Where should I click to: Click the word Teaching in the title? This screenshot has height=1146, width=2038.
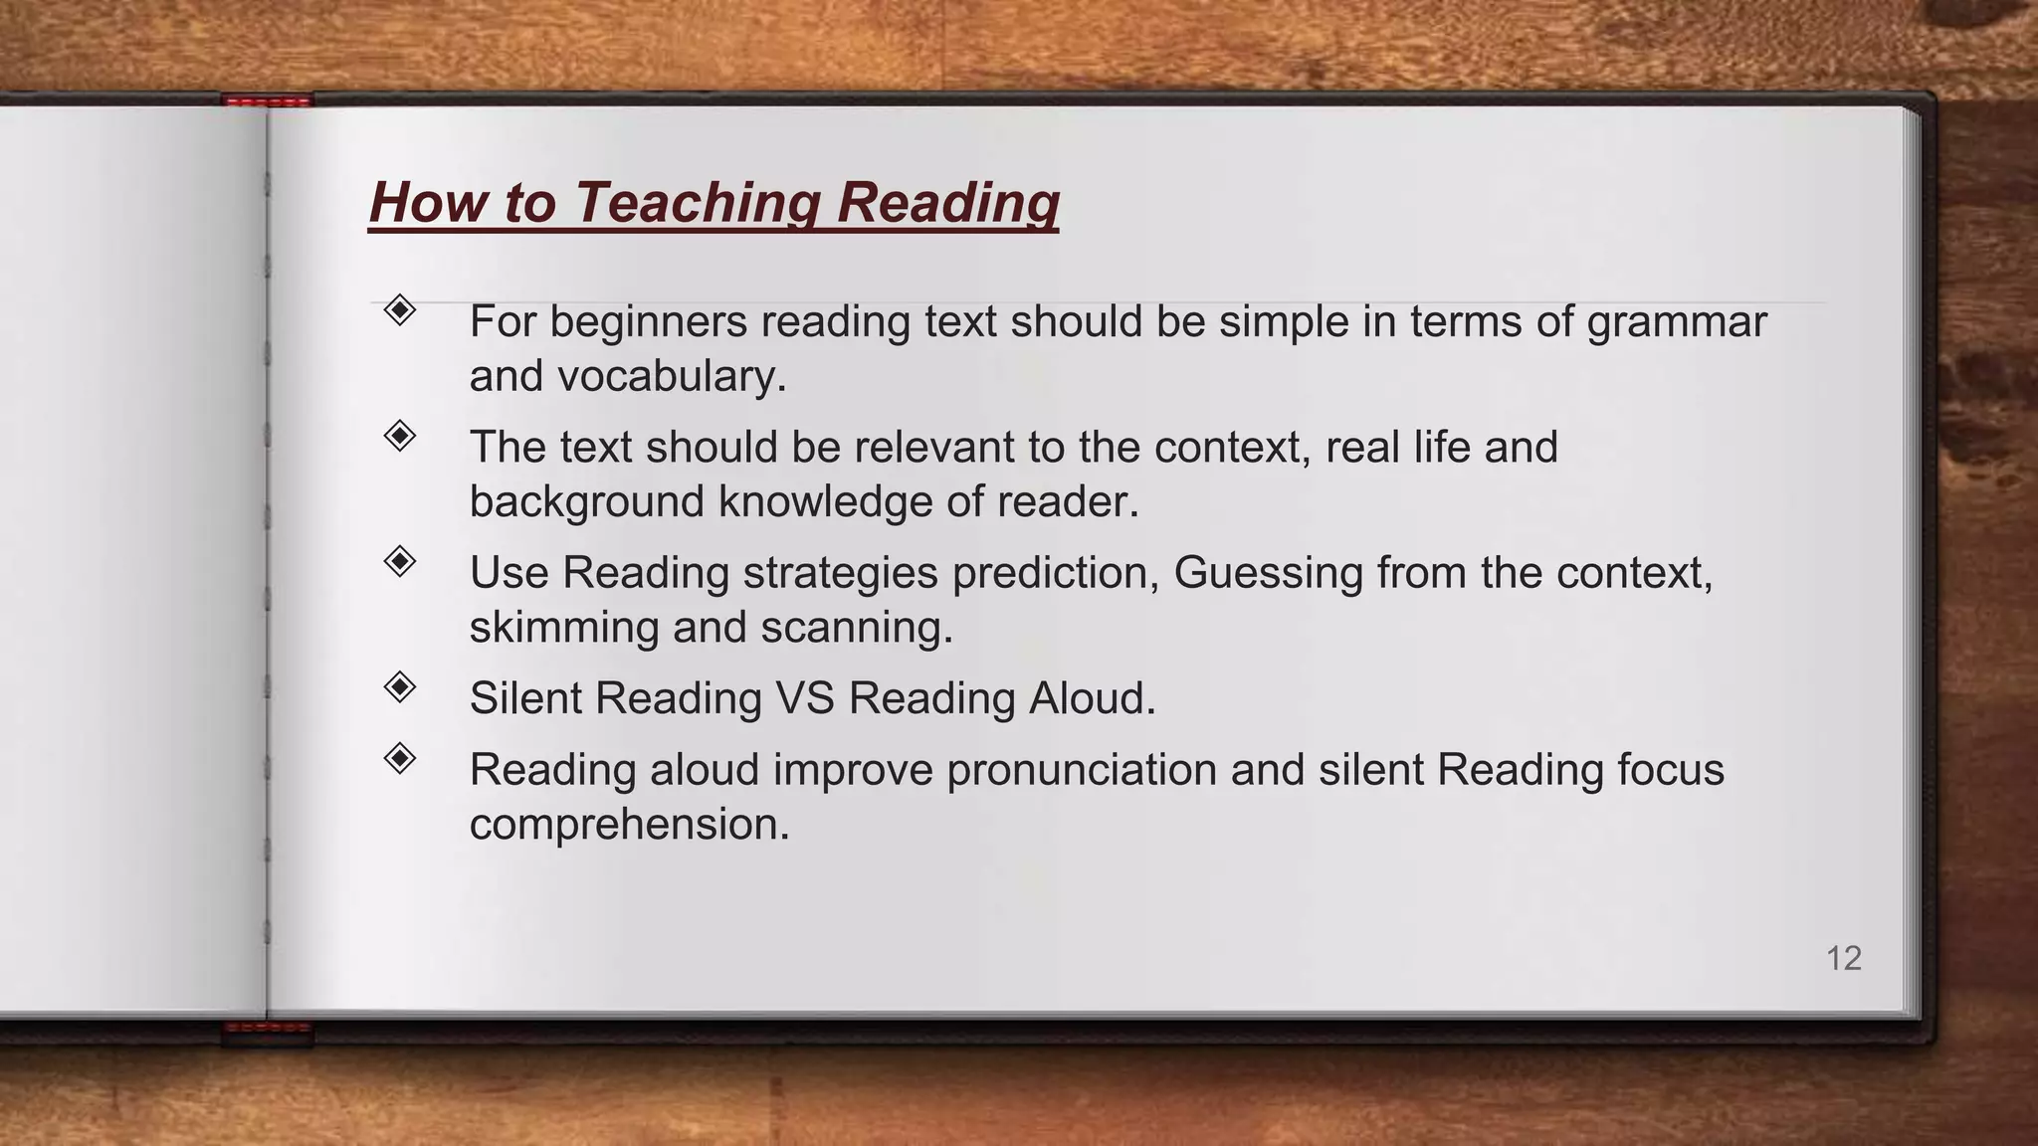696,202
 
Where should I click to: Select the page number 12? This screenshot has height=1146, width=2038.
1843,958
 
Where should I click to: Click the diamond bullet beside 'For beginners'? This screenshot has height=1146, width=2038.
399,310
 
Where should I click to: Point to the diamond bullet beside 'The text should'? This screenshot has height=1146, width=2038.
399,436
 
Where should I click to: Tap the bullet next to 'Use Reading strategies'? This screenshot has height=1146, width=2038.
399,561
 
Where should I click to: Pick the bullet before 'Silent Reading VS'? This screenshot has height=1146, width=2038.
399,686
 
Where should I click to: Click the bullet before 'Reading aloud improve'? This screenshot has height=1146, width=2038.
399,759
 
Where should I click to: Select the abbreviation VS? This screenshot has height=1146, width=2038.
804,698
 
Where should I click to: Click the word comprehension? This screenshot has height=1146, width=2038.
629,826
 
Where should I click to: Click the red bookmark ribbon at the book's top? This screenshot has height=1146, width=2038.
267,100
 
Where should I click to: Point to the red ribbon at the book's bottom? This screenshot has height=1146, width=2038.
267,1032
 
